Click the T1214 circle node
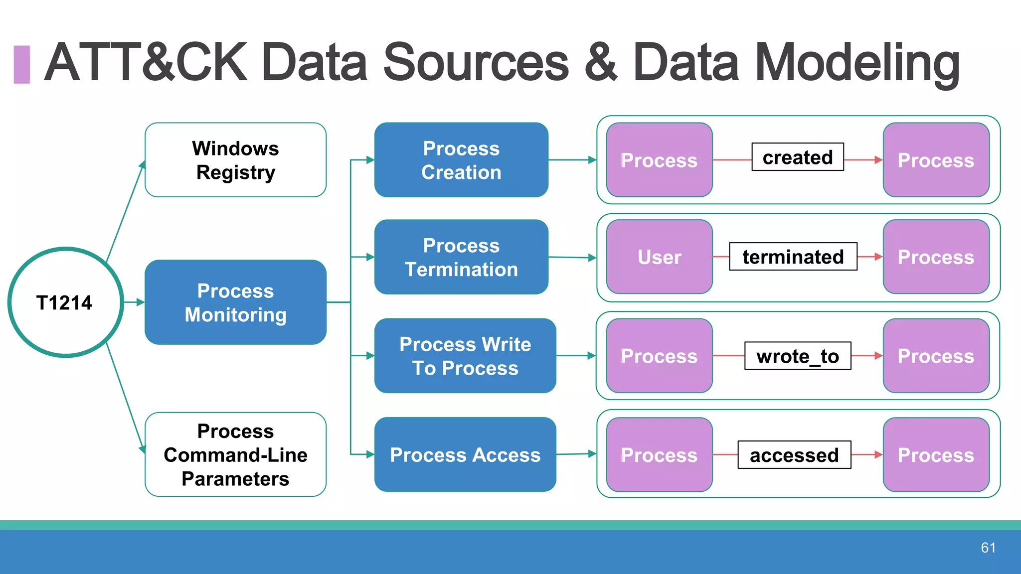(x=65, y=302)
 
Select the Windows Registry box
(x=235, y=160)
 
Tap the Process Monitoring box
(x=235, y=302)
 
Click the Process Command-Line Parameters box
(x=235, y=454)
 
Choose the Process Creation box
(x=461, y=160)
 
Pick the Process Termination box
(x=461, y=257)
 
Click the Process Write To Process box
(x=465, y=356)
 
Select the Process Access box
(x=465, y=454)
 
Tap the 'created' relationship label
(x=797, y=157)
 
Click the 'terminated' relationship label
(x=793, y=257)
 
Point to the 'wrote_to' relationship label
(x=797, y=356)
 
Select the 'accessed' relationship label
(x=794, y=454)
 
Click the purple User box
(x=659, y=257)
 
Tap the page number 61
(x=988, y=548)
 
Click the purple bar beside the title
(x=21, y=64)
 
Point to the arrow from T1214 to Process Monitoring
(x=134, y=302)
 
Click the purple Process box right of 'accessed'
(x=936, y=454)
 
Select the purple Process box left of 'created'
(x=659, y=160)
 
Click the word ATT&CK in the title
(x=146, y=62)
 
